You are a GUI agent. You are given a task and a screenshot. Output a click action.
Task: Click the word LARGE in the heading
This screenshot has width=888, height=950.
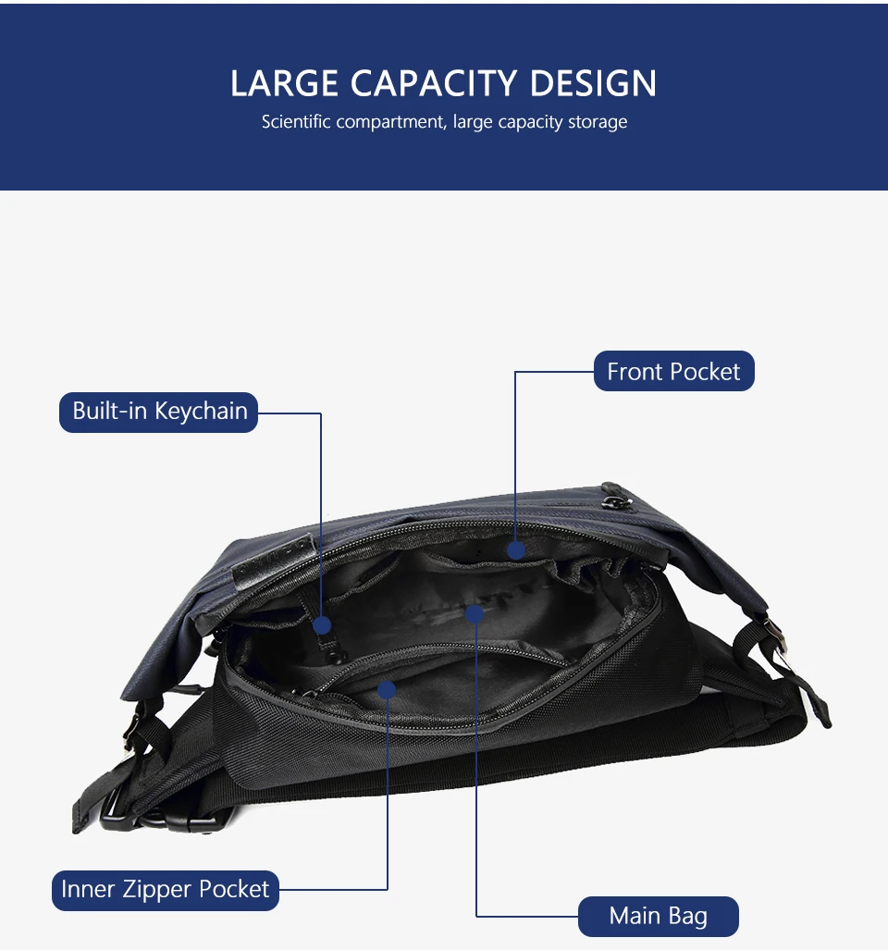[285, 84]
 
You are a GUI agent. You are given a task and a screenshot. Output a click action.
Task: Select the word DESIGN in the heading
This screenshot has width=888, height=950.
[593, 84]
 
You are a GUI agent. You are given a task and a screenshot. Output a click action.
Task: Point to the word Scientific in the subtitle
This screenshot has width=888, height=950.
[295, 122]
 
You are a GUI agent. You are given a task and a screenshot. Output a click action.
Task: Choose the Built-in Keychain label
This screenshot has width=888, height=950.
[159, 412]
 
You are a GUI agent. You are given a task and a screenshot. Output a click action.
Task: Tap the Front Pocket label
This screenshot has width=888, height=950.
[673, 372]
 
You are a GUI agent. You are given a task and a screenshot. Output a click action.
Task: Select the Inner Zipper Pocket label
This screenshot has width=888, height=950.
[165, 890]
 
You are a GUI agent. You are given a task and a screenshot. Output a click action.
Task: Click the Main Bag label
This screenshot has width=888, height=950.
[658, 917]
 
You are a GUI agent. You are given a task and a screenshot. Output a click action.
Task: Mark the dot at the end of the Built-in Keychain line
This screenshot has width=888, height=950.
[322, 625]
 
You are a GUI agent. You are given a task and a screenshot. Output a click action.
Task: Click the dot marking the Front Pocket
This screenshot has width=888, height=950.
[516, 550]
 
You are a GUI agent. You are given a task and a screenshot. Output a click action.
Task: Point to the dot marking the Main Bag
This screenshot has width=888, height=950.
[475, 612]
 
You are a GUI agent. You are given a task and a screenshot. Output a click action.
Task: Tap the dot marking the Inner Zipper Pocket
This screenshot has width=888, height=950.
[388, 690]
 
